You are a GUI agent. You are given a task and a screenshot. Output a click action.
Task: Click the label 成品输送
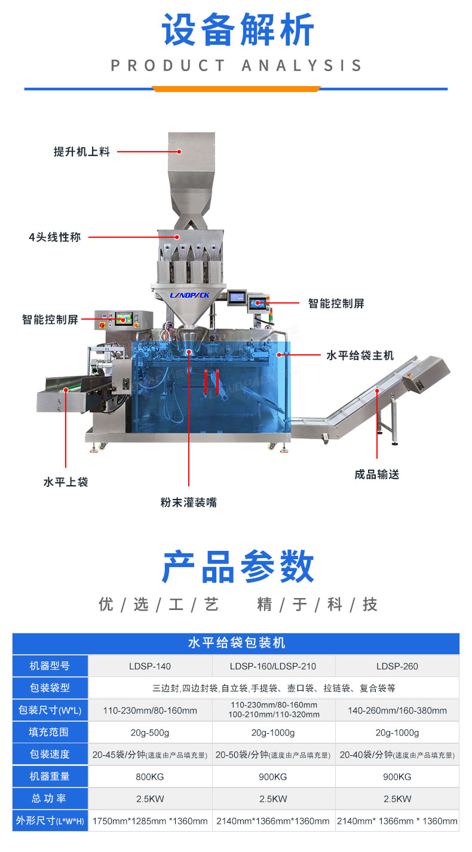point(376,474)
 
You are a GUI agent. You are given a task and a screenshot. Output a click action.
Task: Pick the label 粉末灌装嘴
point(188,502)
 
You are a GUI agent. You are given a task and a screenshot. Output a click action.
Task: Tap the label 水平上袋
point(66,482)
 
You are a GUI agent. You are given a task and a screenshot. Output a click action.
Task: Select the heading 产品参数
point(238,567)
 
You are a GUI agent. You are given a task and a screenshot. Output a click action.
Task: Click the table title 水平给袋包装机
point(237,643)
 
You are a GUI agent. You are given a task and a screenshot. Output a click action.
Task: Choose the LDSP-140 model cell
point(150,666)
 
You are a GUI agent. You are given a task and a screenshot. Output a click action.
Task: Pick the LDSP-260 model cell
point(397,666)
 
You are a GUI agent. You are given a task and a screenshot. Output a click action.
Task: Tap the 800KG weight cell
point(150,776)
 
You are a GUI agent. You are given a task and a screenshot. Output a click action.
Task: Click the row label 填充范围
point(50,733)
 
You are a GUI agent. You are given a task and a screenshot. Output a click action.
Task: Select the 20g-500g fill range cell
point(150,733)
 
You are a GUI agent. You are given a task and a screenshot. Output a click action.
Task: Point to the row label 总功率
point(50,798)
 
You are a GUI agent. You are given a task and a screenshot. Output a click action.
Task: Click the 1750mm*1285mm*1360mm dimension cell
point(150,821)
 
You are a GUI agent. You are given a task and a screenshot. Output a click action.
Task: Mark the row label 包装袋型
point(50,688)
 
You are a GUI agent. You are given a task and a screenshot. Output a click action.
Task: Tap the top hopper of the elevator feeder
point(191,158)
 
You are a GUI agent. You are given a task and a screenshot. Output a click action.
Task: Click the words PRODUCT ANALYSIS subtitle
point(237,65)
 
